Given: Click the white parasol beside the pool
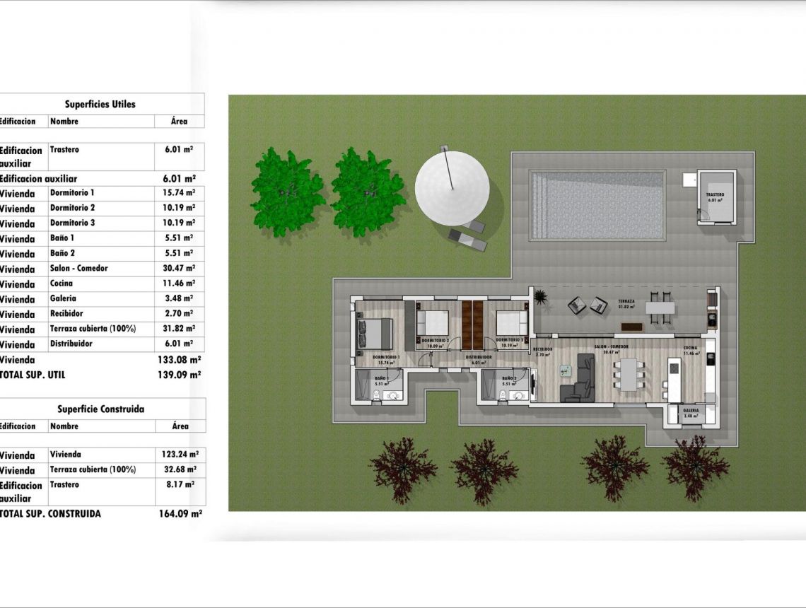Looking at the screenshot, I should pos(452,187).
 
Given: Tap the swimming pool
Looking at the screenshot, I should pos(598,205).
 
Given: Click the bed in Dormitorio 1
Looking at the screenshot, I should pos(375,332).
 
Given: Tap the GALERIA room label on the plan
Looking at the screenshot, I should pos(691,410).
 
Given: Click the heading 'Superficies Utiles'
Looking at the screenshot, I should pos(100,104).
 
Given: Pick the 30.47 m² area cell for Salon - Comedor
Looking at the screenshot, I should pos(179,269).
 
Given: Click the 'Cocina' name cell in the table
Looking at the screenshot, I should pos(62,283).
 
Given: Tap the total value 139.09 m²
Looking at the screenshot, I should pos(179,375).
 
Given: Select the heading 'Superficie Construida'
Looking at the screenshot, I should pos(100,409).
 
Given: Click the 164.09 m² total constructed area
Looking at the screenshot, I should pos(180,514).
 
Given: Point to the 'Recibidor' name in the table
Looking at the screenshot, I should pos(66,313).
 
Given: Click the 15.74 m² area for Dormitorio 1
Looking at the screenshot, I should pos(179,192).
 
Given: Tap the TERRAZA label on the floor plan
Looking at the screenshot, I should pos(626,301).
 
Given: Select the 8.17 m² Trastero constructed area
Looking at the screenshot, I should pos(180,485).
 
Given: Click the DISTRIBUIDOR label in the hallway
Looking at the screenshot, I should pos(479,358).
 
